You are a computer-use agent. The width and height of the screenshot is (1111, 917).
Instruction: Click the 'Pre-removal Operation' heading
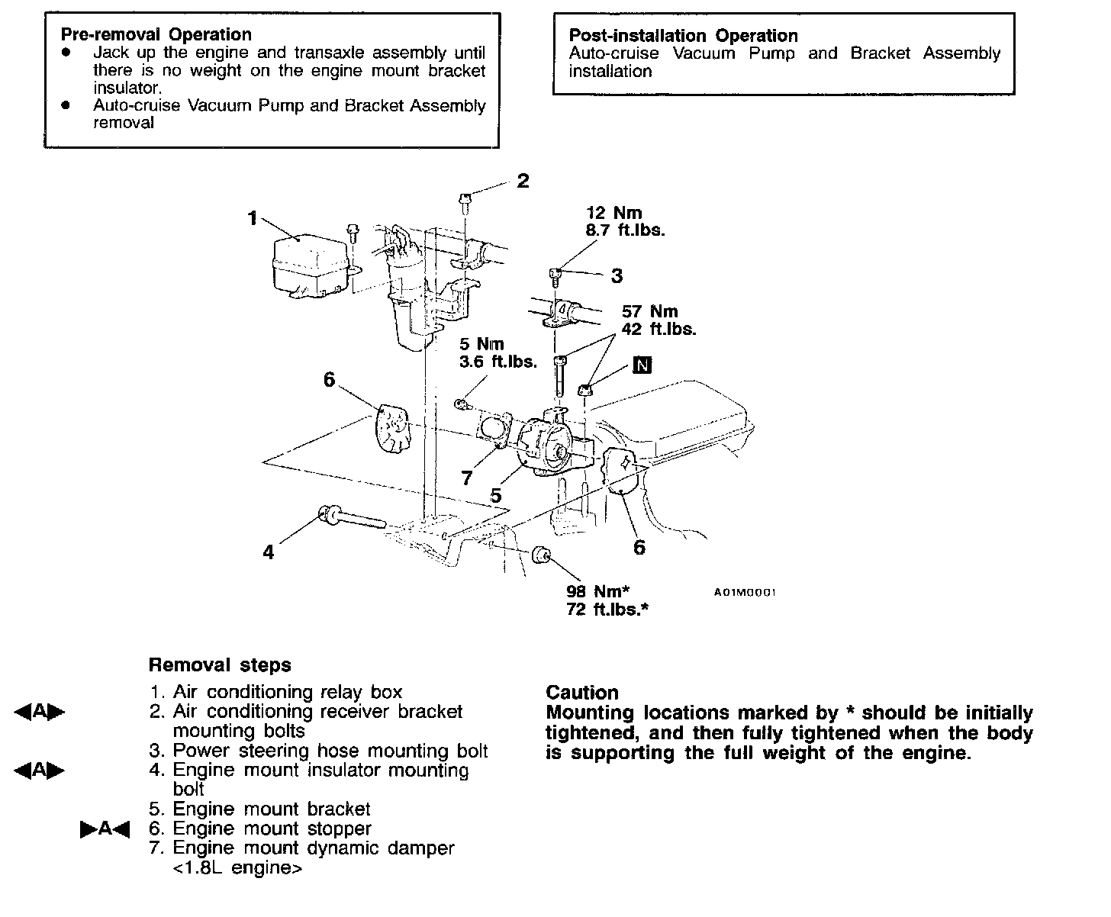point(156,34)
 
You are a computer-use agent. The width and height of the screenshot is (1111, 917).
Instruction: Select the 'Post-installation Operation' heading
point(683,36)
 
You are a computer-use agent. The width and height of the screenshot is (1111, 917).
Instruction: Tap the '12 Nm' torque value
point(613,213)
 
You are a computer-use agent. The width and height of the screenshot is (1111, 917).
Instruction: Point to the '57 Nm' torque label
point(649,311)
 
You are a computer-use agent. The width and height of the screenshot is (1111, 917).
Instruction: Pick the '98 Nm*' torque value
point(597,590)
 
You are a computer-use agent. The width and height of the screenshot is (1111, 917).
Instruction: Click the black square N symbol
point(642,365)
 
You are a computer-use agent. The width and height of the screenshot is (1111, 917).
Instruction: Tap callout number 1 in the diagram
point(253,218)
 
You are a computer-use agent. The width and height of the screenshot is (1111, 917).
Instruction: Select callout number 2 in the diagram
point(523,181)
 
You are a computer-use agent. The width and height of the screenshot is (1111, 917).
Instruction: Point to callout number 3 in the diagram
point(617,276)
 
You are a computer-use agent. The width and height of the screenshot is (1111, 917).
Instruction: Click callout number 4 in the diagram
point(268,552)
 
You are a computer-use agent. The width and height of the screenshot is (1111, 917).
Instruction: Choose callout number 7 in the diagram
point(467,478)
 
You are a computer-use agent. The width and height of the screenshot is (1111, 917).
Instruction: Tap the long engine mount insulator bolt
point(351,519)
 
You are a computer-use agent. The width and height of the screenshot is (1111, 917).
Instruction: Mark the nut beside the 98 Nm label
point(541,557)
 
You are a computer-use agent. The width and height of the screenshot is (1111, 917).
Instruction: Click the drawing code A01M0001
point(745,592)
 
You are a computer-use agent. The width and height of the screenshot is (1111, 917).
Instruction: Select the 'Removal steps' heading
point(220,665)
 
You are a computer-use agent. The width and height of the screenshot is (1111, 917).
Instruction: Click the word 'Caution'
point(581,693)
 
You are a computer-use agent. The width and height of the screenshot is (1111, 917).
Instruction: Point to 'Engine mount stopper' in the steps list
point(272,829)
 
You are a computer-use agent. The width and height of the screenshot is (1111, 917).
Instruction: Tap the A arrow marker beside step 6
point(105,829)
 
